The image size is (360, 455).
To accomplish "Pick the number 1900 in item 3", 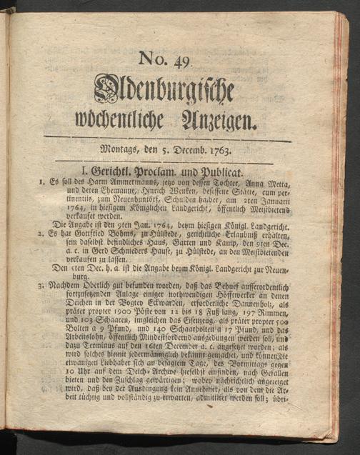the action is coord(116,313).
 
